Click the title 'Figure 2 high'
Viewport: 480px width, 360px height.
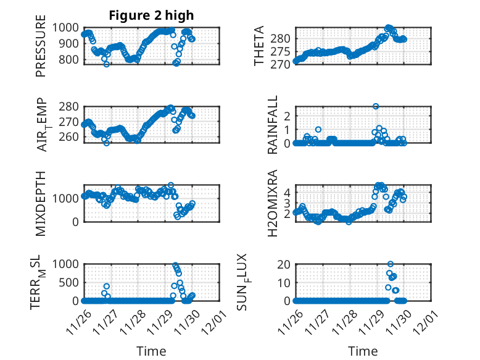(x=151, y=15)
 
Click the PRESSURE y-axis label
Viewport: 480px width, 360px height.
(x=41, y=49)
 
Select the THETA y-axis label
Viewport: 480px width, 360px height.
(x=259, y=46)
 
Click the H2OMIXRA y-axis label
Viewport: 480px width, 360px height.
(x=272, y=203)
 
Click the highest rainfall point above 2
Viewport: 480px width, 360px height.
(x=376, y=106)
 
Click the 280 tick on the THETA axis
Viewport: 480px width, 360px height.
(x=280, y=39)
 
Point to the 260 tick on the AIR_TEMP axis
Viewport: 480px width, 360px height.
(x=68, y=136)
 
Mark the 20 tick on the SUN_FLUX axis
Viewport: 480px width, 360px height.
(x=284, y=264)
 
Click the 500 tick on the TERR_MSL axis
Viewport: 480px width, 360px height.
(x=68, y=282)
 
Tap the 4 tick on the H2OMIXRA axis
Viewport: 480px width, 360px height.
(x=286, y=193)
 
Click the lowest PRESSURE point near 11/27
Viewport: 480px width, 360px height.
(x=106, y=64)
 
